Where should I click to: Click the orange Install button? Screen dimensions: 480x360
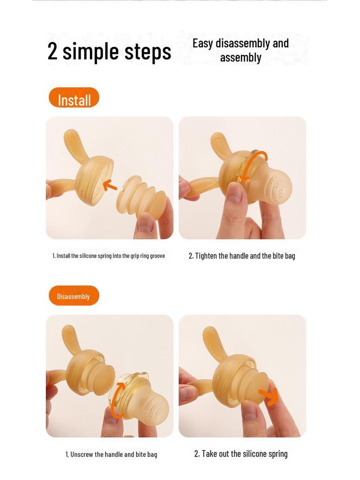click(x=74, y=98)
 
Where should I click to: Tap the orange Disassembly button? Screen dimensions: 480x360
click(x=74, y=296)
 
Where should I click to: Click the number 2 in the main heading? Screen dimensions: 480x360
click(x=52, y=51)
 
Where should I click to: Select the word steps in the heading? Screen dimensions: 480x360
click(x=148, y=52)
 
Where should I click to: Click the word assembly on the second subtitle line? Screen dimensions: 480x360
click(x=240, y=58)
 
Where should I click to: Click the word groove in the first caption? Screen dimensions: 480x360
click(x=157, y=256)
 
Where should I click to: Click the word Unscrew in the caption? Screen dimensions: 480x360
click(x=82, y=454)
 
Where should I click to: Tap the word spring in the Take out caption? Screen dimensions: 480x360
click(x=278, y=454)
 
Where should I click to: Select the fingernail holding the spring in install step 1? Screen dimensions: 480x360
click(x=145, y=225)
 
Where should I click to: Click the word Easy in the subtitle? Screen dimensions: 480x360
click(x=202, y=44)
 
